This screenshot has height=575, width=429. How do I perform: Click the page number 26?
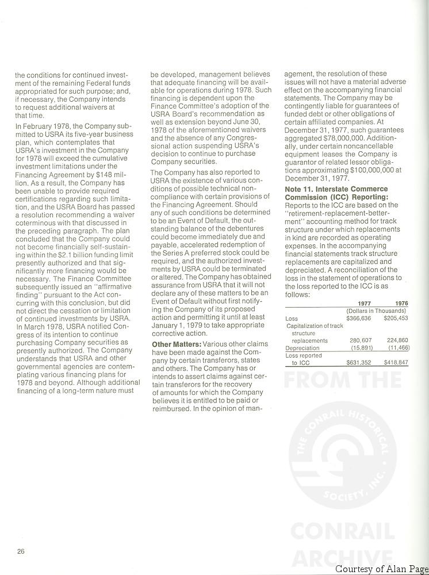click(x=20, y=552)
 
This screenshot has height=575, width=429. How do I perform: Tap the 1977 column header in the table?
click(x=364, y=304)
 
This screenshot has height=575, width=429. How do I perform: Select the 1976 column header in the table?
click(x=402, y=304)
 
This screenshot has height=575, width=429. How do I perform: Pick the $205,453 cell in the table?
click(x=396, y=318)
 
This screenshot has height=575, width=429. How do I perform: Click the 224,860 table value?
click(x=397, y=340)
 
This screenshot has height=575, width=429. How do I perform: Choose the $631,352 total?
click(x=359, y=363)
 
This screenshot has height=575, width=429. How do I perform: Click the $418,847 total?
click(x=396, y=363)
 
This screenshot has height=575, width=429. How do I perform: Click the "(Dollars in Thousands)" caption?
click(x=377, y=311)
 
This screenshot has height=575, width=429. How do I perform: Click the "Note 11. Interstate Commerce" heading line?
click(x=336, y=189)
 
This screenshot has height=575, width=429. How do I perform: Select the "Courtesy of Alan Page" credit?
click(x=381, y=569)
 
